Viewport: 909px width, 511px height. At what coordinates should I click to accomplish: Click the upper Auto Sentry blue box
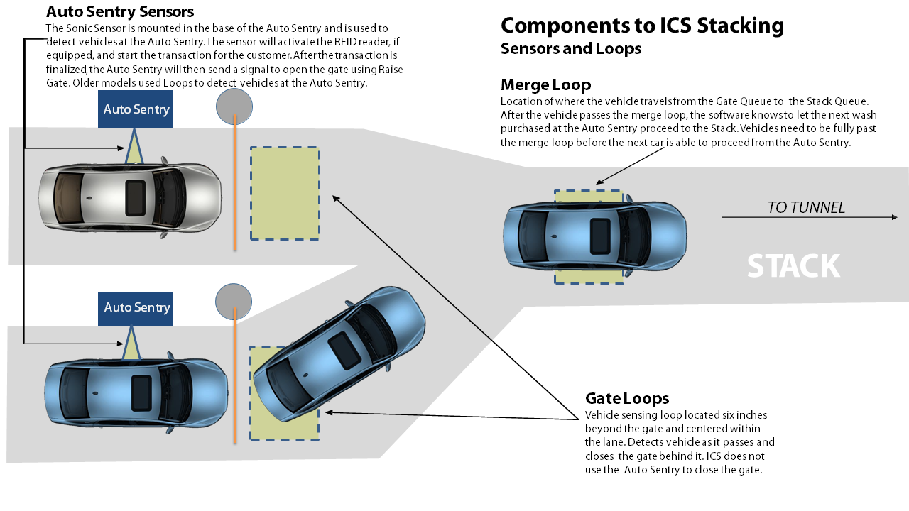coord(136,109)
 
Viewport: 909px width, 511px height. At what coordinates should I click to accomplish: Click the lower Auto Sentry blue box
coord(136,308)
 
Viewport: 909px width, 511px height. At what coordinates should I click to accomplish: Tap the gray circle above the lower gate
coord(234,301)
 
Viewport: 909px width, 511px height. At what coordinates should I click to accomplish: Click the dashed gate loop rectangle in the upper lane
coord(285,193)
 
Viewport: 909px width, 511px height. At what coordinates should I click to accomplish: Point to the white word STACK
coord(793,266)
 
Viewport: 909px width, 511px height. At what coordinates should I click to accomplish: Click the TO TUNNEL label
coord(806,207)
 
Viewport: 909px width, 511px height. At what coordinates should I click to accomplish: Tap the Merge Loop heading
coord(545,85)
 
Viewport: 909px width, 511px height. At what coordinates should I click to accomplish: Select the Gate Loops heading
coord(626,398)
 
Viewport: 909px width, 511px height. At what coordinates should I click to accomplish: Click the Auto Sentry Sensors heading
coord(119,11)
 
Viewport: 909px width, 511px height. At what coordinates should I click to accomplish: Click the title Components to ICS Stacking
coord(642,26)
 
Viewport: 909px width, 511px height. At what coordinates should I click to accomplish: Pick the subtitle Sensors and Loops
coord(570,48)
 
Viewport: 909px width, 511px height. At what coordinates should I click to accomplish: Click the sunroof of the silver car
coord(135,197)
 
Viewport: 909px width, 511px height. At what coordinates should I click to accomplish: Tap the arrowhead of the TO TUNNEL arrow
coord(894,217)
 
